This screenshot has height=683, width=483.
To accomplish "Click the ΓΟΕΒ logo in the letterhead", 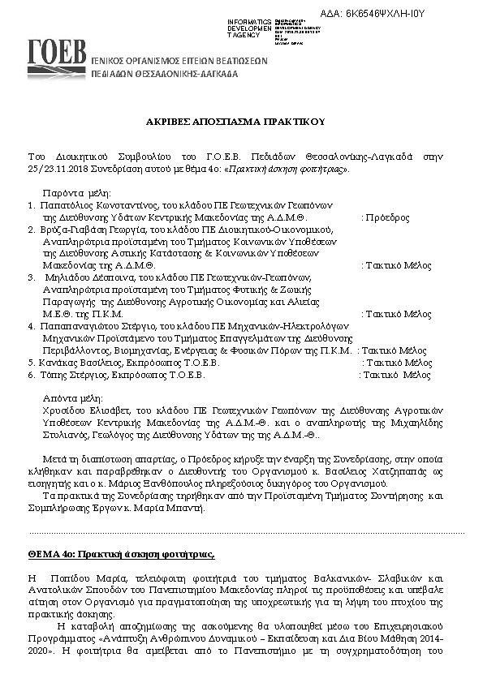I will (x=57, y=55).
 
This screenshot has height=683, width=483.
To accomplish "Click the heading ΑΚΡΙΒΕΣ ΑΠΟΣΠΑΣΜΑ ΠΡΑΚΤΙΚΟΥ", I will (x=241, y=121).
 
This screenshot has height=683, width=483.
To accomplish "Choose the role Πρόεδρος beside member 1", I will (x=386, y=218).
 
